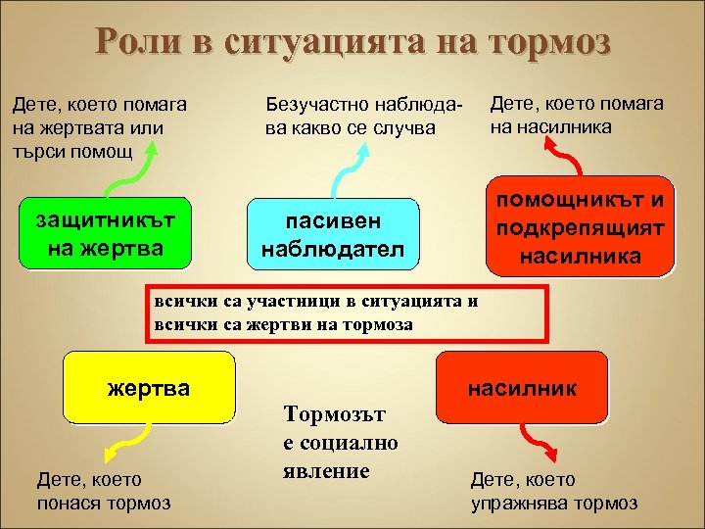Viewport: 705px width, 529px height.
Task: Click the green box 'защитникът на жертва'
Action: [107, 234]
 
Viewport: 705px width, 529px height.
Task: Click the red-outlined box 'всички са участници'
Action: [343, 313]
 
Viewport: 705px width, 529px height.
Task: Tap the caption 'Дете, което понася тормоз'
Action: [103, 491]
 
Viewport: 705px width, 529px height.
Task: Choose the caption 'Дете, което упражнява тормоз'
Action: [554, 491]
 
